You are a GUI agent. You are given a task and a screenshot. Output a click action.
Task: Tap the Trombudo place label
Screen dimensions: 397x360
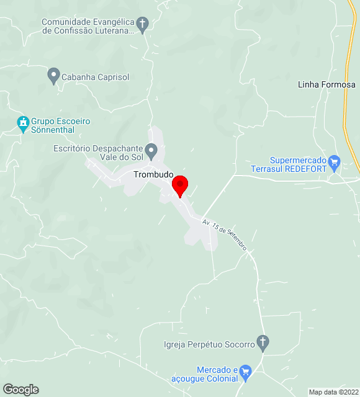153,175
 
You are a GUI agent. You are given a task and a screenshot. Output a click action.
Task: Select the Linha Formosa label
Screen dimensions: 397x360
326,84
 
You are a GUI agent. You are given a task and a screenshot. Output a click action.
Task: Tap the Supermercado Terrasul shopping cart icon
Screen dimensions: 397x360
335,163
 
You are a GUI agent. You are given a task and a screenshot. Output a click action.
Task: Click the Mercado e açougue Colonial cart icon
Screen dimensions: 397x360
245,372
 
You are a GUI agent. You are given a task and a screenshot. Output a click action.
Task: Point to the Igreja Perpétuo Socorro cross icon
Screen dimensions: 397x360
263,342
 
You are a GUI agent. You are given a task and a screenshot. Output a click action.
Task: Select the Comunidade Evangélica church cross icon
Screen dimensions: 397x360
143,25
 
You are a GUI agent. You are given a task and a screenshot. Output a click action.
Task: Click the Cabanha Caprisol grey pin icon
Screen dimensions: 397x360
53,76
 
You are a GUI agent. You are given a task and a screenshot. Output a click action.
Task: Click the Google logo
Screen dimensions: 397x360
20,390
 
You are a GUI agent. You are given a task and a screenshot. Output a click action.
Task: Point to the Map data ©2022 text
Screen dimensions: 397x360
333,392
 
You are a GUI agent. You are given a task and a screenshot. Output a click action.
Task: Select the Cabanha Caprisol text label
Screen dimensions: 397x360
96,78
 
